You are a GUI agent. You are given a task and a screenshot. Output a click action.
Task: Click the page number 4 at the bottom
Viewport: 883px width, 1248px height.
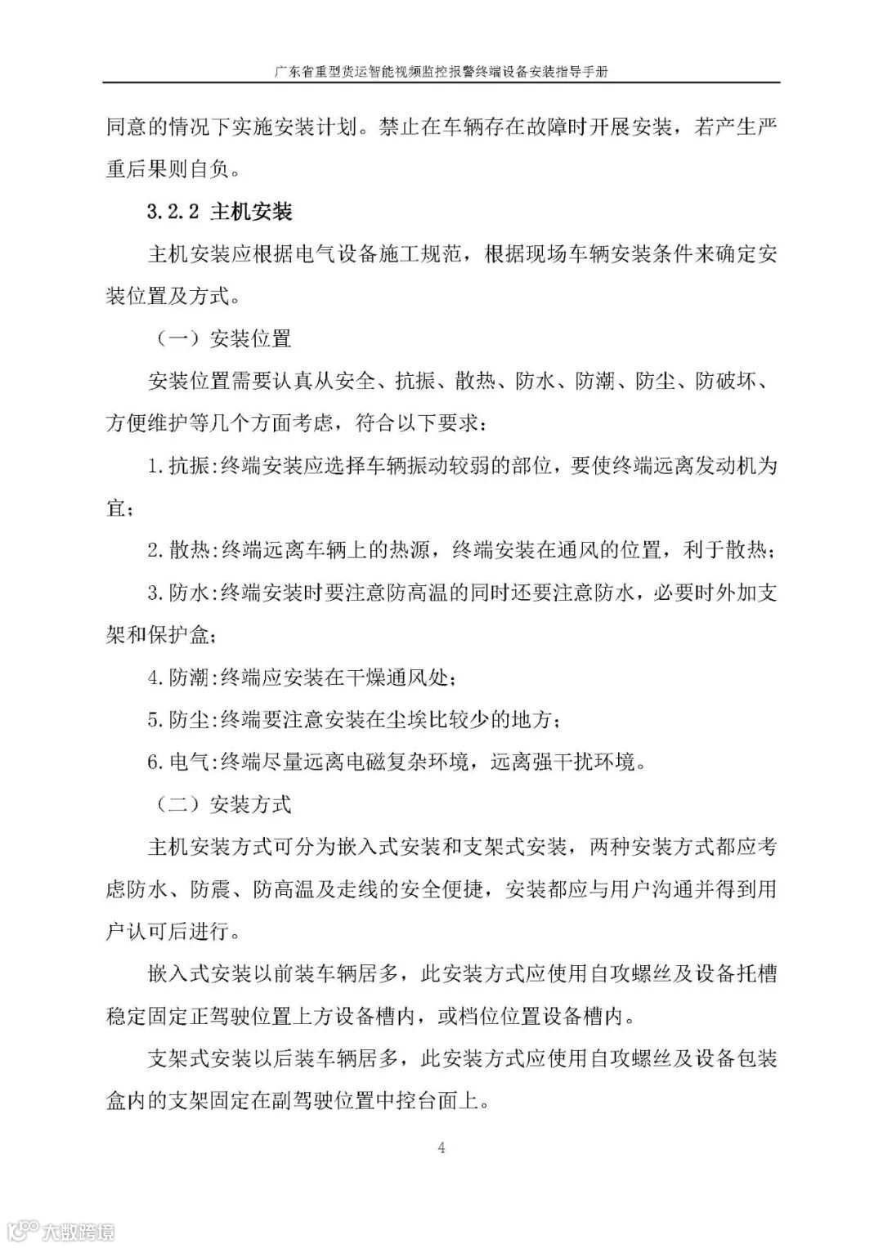pyautogui.click(x=441, y=1147)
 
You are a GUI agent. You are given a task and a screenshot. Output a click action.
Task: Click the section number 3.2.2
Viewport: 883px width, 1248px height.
pyautogui.click(x=173, y=212)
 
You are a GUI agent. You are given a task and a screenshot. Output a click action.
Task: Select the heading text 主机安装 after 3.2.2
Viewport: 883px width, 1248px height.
pyautogui.click(x=251, y=212)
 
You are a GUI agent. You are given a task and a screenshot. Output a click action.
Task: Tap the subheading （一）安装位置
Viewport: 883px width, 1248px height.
pyautogui.click(x=218, y=338)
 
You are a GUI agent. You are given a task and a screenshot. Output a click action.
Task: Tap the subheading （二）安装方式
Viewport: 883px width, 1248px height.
pyautogui.click(x=218, y=804)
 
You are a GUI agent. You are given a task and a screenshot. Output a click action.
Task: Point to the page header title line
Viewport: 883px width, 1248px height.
pyautogui.click(x=441, y=71)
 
